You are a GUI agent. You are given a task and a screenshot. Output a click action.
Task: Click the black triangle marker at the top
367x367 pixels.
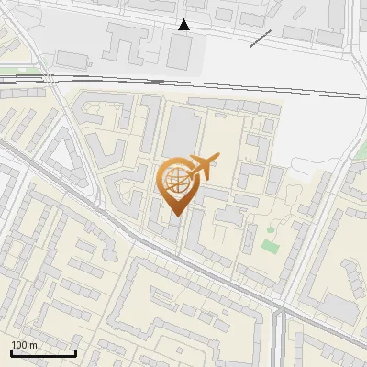pyautogui.click(x=184, y=25)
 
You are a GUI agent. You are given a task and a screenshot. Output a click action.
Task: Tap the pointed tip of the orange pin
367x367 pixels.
pyautogui.click(x=176, y=217)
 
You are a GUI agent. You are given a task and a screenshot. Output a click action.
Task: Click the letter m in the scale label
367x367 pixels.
pyautogui.click(x=34, y=345)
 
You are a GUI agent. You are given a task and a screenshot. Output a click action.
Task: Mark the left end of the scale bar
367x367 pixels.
pyautogui.click(x=11, y=353)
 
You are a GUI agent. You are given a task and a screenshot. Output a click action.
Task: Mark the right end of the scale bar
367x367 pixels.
pyautogui.click(x=76, y=353)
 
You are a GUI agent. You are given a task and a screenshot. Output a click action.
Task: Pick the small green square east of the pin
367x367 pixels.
pyautogui.click(x=269, y=246)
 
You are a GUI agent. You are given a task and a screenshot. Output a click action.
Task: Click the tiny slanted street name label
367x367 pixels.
pyautogui.click(x=260, y=37)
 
